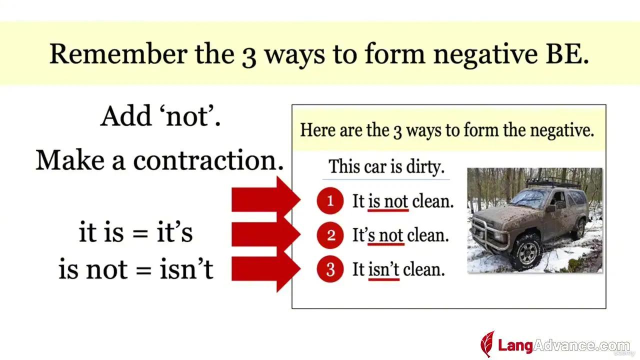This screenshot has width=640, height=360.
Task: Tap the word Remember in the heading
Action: coord(118,53)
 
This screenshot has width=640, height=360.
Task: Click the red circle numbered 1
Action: coord(330,200)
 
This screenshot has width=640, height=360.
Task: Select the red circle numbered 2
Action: coord(330,235)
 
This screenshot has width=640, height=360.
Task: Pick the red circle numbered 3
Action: coord(330,269)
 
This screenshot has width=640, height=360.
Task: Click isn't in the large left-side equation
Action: coord(186,268)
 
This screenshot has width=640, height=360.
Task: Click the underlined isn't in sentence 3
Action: coord(383,269)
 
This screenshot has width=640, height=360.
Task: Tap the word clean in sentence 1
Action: coord(432,201)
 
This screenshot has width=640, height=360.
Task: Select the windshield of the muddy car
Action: coord(529,197)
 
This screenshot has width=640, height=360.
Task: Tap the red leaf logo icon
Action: coord(487,344)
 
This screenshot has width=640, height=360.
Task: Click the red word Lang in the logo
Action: coord(515,345)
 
